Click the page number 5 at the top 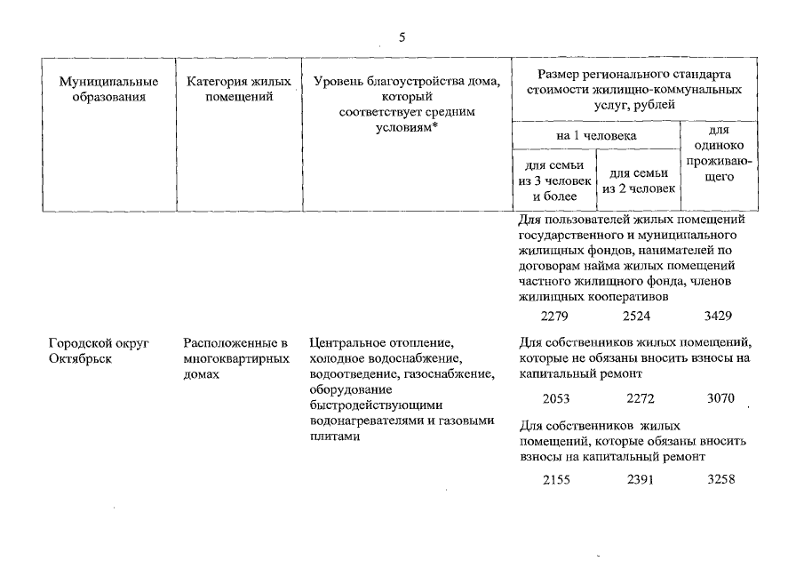click(402, 37)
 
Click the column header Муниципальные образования click(108, 89)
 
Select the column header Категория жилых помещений click(239, 89)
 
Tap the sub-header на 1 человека click(596, 135)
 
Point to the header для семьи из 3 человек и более click(554, 180)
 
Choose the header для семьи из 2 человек click(639, 181)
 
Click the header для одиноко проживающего click(719, 153)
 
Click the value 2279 click(554, 316)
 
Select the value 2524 click(636, 316)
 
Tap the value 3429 click(718, 316)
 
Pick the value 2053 click(556, 398)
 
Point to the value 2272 click(641, 398)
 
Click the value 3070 click(720, 397)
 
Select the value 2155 click(556, 480)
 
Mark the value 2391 click(641, 480)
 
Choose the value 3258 click(720, 479)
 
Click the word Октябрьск click(80, 358)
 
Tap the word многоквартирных click(236, 358)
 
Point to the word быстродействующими click(376, 405)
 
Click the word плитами click(335, 437)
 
